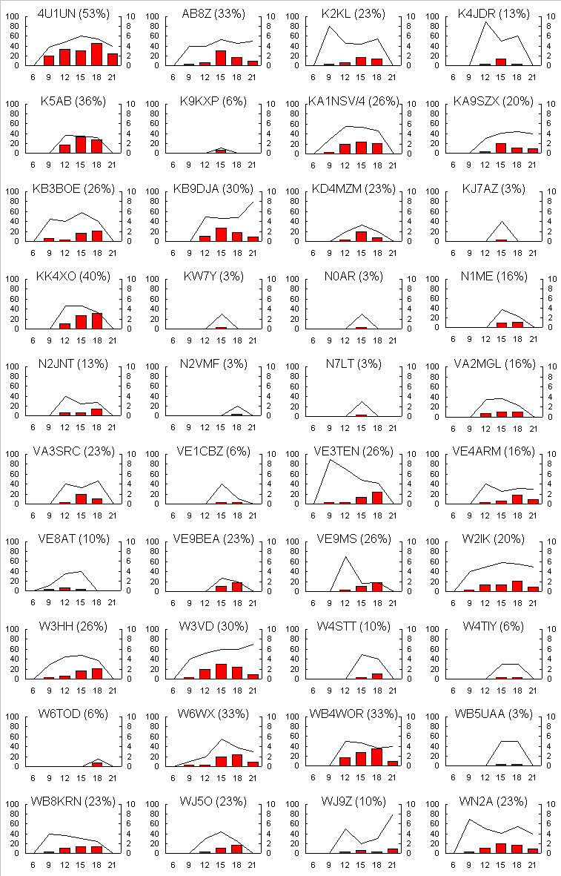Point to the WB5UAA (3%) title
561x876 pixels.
493,714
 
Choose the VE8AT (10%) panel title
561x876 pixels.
73,539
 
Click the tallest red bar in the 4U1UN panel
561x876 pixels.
96,54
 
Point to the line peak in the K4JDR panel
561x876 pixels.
485,22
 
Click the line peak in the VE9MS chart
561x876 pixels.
345,556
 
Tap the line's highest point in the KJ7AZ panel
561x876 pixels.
502,222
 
